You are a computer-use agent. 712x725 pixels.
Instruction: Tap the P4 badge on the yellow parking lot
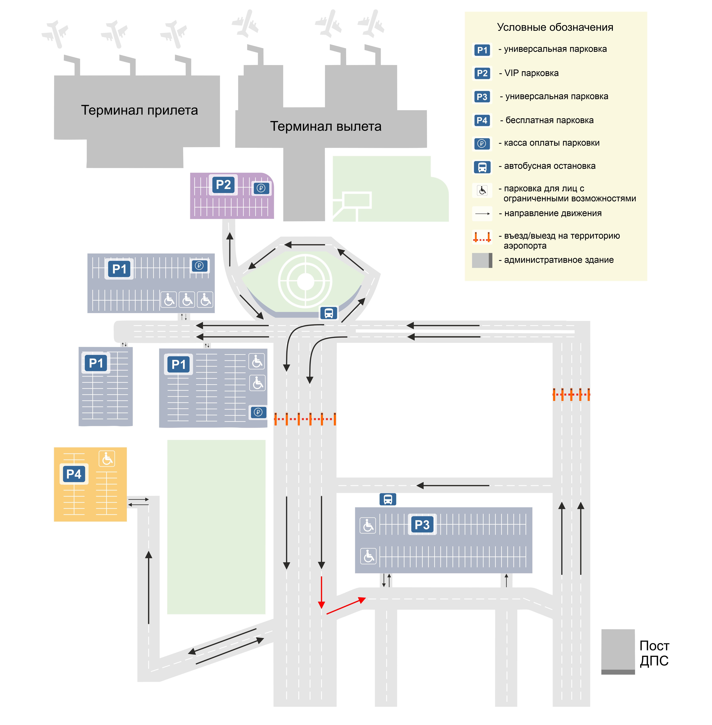pyautogui.click(x=74, y=474)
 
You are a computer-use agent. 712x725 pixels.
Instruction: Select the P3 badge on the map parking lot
pyautogui.click(x=422, y=525)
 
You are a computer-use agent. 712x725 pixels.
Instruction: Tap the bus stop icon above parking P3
pyautogui.click(x=388, y=499)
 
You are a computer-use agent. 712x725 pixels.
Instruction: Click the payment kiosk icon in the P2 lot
pyautogui.click(x=261, y=188)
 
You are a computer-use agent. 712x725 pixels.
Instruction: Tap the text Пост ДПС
pyautogui.click(x=654, y=653)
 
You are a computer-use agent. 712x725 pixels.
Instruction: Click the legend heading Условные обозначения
pyautogui.click(x=555, y=27)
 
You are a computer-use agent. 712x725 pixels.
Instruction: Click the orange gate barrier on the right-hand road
pyautogui.click(x=571, y=394)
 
